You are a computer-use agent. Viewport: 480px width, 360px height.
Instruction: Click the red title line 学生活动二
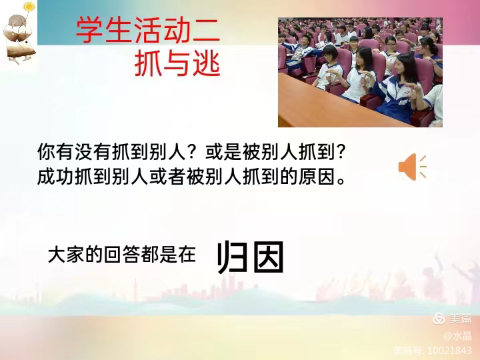[148, 30]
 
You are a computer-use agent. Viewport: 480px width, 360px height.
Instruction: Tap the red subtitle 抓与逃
[177, 64]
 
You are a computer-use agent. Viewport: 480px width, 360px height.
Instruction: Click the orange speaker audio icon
[413, 167]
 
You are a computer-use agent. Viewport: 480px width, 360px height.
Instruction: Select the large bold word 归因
[251, 257]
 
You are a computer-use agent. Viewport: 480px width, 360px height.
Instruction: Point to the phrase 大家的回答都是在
[122, 255]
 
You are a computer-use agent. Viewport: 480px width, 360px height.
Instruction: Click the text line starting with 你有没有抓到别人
[191, 152]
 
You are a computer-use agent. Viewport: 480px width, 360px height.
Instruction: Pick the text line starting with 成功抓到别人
[191, 177]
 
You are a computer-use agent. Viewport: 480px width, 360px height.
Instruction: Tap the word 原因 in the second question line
[317, 177]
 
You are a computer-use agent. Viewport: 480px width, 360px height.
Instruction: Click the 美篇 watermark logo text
[461, 319]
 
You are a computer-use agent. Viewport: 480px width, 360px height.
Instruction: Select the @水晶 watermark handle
[457, 336]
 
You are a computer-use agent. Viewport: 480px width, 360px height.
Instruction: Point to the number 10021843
[450, 351]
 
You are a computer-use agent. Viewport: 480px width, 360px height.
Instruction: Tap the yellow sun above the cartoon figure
[29, 6]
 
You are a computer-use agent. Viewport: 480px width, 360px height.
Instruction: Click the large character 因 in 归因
[269, 257]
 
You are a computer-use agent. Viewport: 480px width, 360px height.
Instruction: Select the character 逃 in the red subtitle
[206, 64]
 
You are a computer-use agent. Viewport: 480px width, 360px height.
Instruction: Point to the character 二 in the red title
[207, 31]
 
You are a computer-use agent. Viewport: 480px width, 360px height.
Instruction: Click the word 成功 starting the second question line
[55, 177]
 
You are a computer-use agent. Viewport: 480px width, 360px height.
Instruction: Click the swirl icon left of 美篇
[439, 319]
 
